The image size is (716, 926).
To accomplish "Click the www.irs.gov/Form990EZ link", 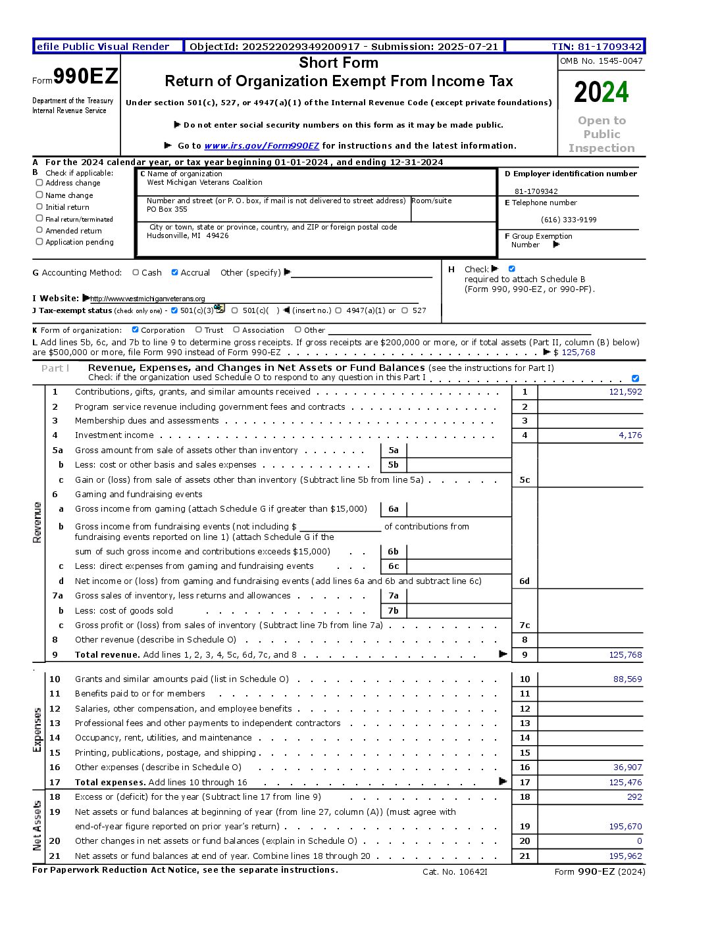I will click(261, 146).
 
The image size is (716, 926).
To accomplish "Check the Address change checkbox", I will click(39, 183).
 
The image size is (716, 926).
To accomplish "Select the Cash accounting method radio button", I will click(136, 272).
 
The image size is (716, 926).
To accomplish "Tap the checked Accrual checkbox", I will click(174, 272).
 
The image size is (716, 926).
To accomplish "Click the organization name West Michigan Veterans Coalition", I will click(204, 183).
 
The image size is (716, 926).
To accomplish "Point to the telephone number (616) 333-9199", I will click(569, 220).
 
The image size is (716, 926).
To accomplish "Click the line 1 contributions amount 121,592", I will click(625, 392).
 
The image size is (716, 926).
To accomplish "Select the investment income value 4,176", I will click(630, 435).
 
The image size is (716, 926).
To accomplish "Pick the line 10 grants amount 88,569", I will click(627, 679).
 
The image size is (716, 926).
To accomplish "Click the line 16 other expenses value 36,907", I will click(627, 768).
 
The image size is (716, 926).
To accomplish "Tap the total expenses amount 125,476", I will click(625, 783).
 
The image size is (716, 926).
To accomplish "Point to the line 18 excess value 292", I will click(634, 797).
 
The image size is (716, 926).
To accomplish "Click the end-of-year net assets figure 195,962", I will click(625, 856).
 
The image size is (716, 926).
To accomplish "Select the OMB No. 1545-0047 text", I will click(601, 61).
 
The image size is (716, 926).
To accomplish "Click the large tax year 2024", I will click(601, 92).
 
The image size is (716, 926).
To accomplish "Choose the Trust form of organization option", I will click(199, 330).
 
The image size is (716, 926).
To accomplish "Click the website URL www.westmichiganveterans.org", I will click(147, 299).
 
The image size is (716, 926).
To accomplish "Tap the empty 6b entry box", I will click(459, 552).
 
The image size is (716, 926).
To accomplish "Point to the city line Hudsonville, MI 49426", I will click(188, 235).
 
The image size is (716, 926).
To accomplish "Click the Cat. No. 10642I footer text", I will click(455, 872).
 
